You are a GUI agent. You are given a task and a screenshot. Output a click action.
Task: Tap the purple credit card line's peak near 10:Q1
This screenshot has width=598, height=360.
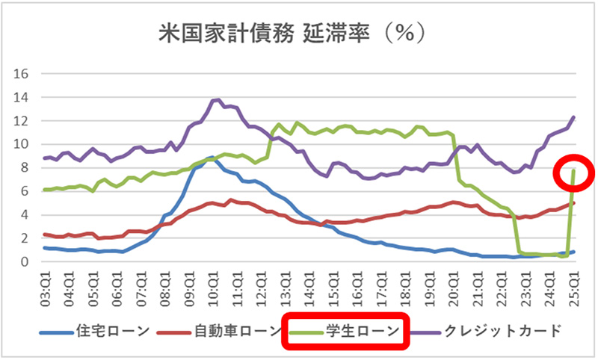point(217,100)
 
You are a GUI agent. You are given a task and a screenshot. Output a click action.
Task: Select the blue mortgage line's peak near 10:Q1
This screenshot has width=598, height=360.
point(212,158)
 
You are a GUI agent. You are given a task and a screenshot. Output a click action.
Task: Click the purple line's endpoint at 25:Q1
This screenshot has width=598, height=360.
point(573,117)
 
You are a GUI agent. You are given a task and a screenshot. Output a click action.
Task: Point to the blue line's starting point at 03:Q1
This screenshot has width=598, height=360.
point(46,248)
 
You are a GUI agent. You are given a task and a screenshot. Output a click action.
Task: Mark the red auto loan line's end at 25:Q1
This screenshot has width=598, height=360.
point(573,203)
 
